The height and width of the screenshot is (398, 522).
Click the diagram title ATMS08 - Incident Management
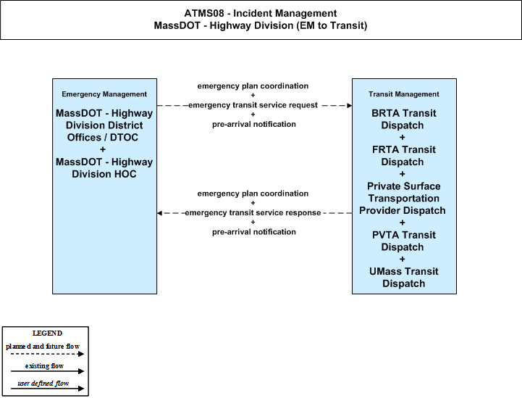point(261,13)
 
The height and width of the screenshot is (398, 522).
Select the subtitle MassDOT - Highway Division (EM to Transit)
point(261,25)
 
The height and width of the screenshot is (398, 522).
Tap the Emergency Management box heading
point(104,94)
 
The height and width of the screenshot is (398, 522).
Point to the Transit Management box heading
point(403,94)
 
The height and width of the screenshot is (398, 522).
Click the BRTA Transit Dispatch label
point(403,119)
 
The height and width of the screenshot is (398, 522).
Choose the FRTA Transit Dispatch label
point(403,156)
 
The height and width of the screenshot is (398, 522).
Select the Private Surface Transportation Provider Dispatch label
point(403,199)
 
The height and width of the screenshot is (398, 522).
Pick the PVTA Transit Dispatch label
point(403,241)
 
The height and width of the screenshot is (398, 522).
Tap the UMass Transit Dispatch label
point(403,278)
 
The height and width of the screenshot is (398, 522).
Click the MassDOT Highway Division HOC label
point(104,167)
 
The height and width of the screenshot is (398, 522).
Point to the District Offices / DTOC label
point(104,131)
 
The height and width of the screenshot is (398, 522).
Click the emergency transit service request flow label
point(253,105)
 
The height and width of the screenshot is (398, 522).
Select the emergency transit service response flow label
point(253,212)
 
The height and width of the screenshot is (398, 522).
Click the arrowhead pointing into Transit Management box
point(350,106)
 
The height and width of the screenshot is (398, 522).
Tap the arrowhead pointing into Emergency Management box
point(159,213)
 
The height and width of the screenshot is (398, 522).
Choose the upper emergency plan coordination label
point(253,86)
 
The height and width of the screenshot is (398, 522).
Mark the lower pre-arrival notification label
point(254,232)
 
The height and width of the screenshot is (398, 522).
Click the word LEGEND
point(47,333)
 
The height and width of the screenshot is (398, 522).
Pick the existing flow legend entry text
point(44,366)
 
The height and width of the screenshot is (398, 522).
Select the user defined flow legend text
point(43,384)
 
